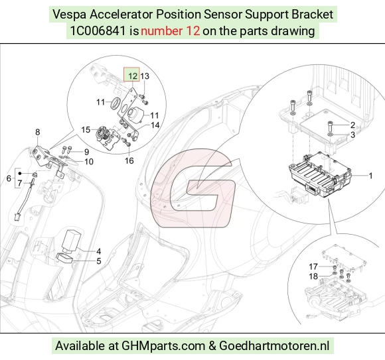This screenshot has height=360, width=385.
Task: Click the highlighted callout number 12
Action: pos(133,76)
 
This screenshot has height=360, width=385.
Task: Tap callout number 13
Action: pos(145,76)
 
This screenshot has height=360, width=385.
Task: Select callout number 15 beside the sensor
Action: pos(86,129)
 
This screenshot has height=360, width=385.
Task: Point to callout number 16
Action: pos(129,160)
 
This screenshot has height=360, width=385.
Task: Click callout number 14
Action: pos(155,125)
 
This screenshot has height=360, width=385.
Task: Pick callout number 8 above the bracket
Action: pos(37,132)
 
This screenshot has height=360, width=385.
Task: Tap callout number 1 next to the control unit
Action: pos(371,176)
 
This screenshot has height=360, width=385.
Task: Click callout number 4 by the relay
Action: pos(98,251)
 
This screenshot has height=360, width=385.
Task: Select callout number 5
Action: pos(99,261)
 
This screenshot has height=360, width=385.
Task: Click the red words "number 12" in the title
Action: pos(170,31)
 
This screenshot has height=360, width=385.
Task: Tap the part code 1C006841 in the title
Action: pos(98,31)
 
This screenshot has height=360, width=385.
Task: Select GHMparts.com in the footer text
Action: pos(163,346)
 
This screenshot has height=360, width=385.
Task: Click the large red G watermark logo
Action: pos(193,188)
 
